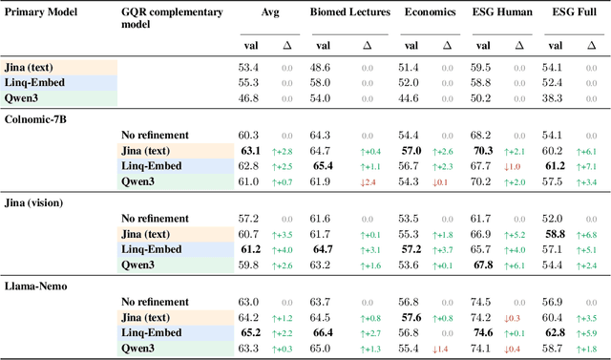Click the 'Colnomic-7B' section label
(36, 117)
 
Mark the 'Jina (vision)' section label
(36, 201)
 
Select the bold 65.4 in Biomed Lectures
(321, 166)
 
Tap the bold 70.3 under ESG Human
(483, 151)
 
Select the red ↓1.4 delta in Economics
(441, 349)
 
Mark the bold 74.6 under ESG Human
(483, 332)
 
